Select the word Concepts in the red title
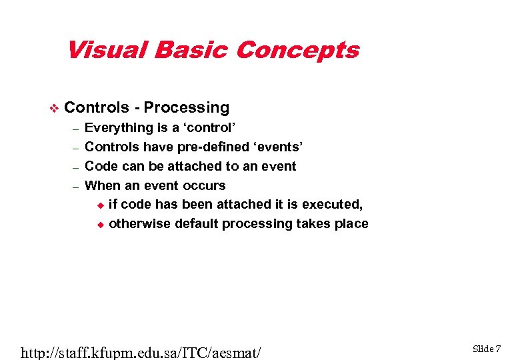297,50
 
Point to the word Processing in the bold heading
187,108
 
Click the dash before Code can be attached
76,167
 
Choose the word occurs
204,185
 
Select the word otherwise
139,224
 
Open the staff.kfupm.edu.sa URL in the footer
141,351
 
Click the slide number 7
497,349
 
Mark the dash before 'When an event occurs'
76,186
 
